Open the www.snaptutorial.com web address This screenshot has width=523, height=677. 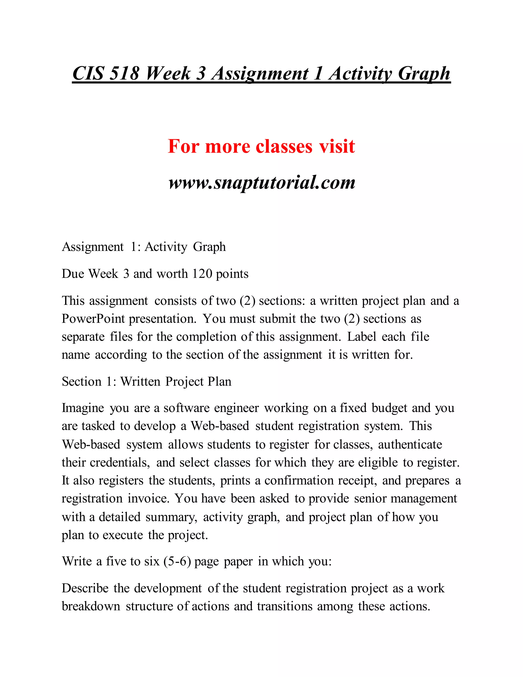[262, 182]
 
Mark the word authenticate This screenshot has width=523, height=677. [410, 445]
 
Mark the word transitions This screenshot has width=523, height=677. [284, 606]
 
